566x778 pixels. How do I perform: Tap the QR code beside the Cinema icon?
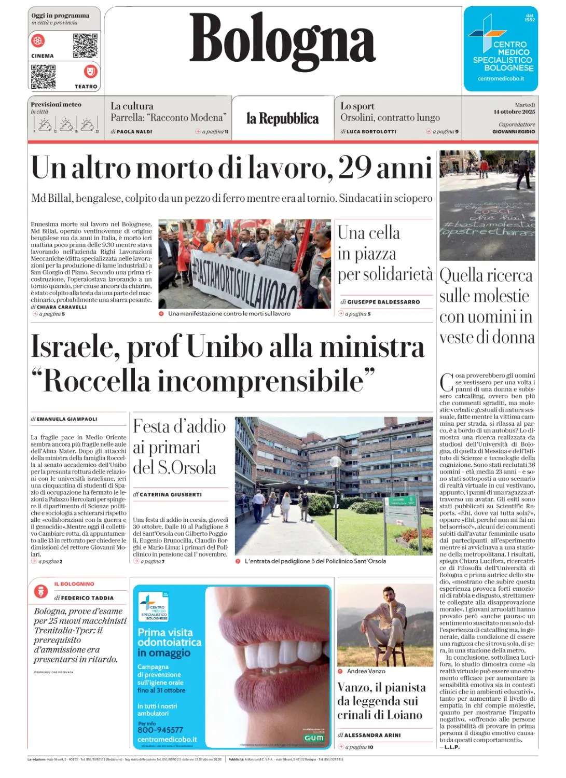coord(85,46)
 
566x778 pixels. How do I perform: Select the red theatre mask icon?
coord(90,71)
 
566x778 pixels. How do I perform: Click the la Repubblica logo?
coord(282,119)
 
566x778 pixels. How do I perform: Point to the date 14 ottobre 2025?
coord(514,112)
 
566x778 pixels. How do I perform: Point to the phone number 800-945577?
coord(160,730)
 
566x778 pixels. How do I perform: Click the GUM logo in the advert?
coord(314,738)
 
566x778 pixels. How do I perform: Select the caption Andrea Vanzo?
coord(366,671)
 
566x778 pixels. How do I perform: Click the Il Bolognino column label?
coord(74,584)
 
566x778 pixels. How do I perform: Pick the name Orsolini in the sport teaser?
coord(358,118)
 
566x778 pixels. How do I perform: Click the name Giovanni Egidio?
coord(514,132)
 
